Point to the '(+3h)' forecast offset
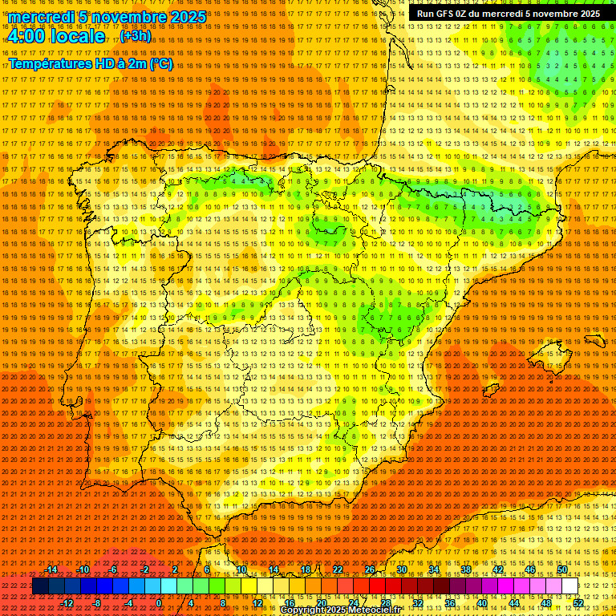(x=134, y=36)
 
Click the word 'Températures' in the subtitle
(x=49, y=63)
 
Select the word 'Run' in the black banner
(x=427, y=14)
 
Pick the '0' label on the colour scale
(x=160, y=603)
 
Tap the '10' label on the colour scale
(x=241, y=569)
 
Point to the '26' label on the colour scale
(x=369, y=569)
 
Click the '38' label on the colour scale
(x=465, y=569)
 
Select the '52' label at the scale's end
(x=577, y=603)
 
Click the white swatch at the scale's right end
(x=569, y=586)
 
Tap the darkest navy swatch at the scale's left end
(x=40, y=586)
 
